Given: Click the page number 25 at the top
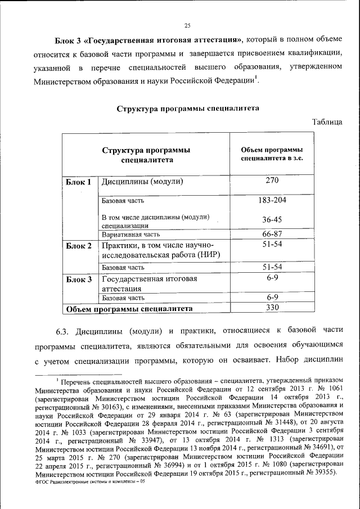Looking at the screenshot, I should (187, 24).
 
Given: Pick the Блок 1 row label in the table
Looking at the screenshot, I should (78, 182).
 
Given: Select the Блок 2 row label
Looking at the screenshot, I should (78, 246).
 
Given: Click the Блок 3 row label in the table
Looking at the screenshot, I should (78, 280).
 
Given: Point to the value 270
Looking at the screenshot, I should (272, 181).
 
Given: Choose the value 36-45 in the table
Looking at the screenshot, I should (272, 219).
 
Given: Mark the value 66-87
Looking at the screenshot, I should (272, 234).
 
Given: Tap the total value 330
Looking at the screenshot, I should (272, 308).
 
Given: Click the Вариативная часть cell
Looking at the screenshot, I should (130, 235).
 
